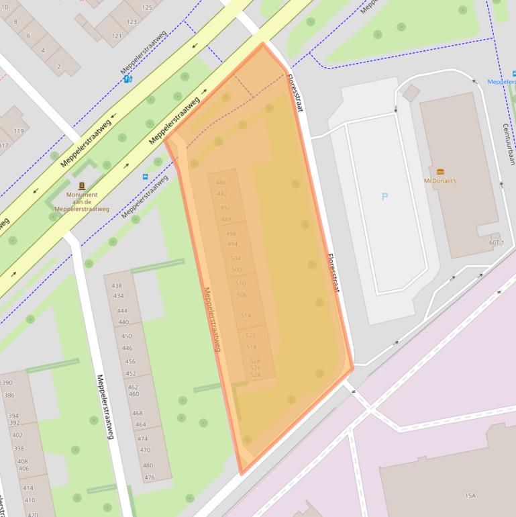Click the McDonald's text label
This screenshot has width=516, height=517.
(440, 181)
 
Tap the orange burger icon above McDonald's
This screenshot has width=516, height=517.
(440, 172)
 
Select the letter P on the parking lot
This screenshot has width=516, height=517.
(384, 197)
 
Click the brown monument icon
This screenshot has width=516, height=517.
(82, 186)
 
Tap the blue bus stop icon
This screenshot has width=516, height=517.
(145, 177)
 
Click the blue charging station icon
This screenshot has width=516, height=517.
(127, 79)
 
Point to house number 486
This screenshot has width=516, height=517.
(221, 183)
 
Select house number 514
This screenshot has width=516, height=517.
(246, 316)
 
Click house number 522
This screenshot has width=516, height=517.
(250, 335)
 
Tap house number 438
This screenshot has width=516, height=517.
(117, 286)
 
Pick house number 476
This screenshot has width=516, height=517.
(149, 477)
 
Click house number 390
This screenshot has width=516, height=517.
(7, 383)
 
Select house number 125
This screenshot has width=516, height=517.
(147, 7)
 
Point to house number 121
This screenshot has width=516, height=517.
(117, 36)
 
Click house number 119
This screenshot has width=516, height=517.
(18, 131)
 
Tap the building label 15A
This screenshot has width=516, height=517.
(470, 496)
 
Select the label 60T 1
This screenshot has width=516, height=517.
(497, 242)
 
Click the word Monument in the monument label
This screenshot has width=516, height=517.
(82, 195)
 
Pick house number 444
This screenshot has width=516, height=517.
(121, 311)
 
